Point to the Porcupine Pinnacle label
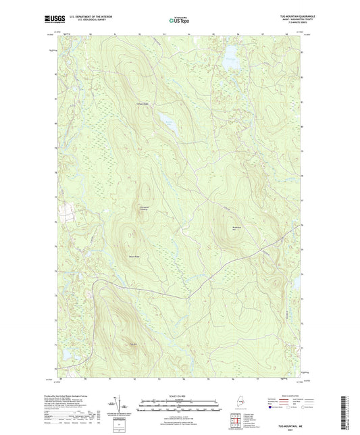(x=143, y=208)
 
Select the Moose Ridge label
(x=134, y=257)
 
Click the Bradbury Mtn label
(x=236, y=228)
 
